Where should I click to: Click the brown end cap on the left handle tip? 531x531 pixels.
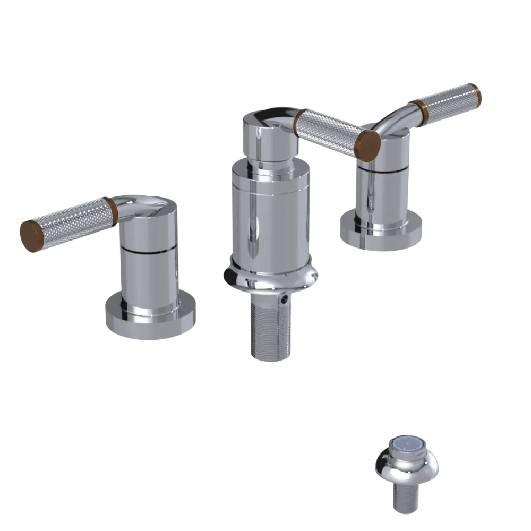31,235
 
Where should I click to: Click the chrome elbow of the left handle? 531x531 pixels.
130,204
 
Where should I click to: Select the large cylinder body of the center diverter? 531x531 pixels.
270,212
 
